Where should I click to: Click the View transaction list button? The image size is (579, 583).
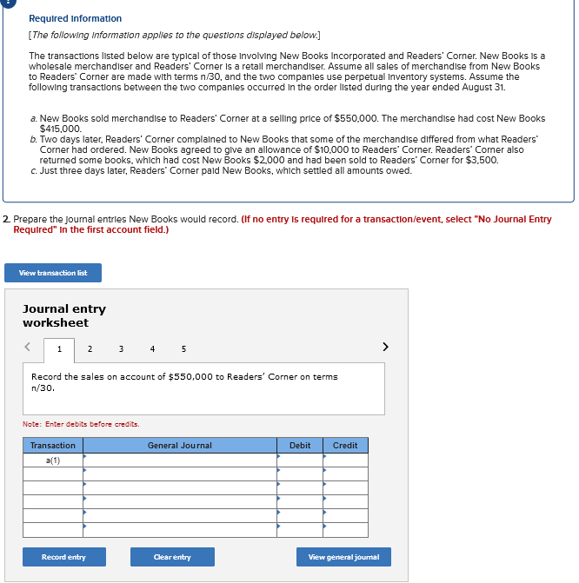[53, 273]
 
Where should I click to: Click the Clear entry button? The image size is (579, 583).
[172, 557]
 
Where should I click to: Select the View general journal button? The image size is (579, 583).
[343, 557]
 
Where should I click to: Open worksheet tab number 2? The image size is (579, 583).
[90, 349]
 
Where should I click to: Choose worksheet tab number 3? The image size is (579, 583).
[121, 349]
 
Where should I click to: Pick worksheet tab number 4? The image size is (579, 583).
[152, 349]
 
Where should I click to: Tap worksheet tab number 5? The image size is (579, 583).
[183, 349]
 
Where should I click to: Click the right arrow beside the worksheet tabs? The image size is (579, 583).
[385, 348]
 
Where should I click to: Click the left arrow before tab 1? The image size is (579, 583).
[28, 348]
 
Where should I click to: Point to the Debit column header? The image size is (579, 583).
[300, 446]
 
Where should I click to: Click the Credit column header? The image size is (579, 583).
[345, 446]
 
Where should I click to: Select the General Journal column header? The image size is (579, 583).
[180, 446]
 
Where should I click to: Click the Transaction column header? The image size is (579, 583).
[53, 446]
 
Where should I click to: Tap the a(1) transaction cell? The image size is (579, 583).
[53, 460]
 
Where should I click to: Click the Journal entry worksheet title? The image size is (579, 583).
[64, 315]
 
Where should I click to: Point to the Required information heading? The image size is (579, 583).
[76, 18]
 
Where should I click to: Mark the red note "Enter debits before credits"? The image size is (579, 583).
[81, 424]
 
